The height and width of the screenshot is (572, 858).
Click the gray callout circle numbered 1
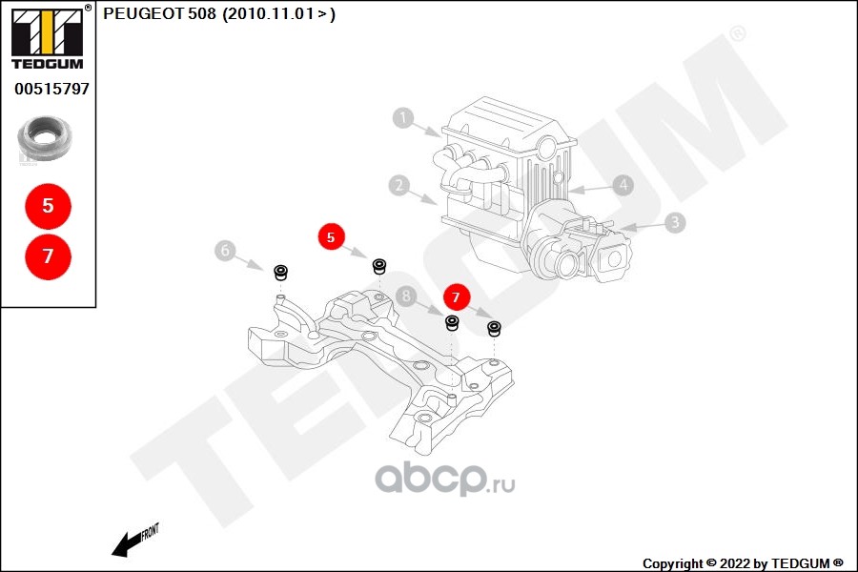pos(404,118)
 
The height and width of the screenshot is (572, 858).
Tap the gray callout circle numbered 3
pos(674,223)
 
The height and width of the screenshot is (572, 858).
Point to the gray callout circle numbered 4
pos(622,185)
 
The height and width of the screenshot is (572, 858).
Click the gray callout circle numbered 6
pos(225,251)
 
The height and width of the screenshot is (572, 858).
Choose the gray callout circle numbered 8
pos(407,296)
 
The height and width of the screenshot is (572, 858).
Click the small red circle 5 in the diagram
pos(331,237)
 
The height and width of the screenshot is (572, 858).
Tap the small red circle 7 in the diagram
pos(456,297)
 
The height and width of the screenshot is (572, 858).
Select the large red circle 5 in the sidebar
pos(48,205)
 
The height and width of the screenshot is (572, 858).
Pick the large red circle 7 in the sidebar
pos(48,255)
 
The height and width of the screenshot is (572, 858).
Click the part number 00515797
pos(51,89)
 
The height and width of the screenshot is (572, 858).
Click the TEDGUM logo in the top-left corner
pos(47,37)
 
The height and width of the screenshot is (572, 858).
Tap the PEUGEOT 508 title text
pos(218,13)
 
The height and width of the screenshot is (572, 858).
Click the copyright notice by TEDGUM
pos(743,563)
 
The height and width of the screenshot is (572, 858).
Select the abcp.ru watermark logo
pos(444,479)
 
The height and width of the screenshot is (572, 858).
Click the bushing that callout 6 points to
pos(281,274)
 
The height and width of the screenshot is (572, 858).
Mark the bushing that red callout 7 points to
pos(495,330)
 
